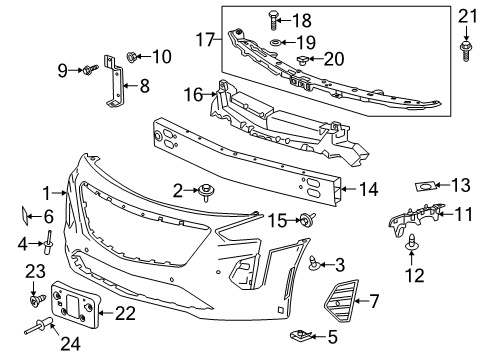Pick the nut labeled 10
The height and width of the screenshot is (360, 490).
[x=132, y=57]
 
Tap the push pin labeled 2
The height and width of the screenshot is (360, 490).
[x=206, y=190]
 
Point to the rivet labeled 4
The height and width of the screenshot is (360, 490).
[x=47, y=240]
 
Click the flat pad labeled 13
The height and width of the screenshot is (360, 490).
[x=426, y=185]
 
